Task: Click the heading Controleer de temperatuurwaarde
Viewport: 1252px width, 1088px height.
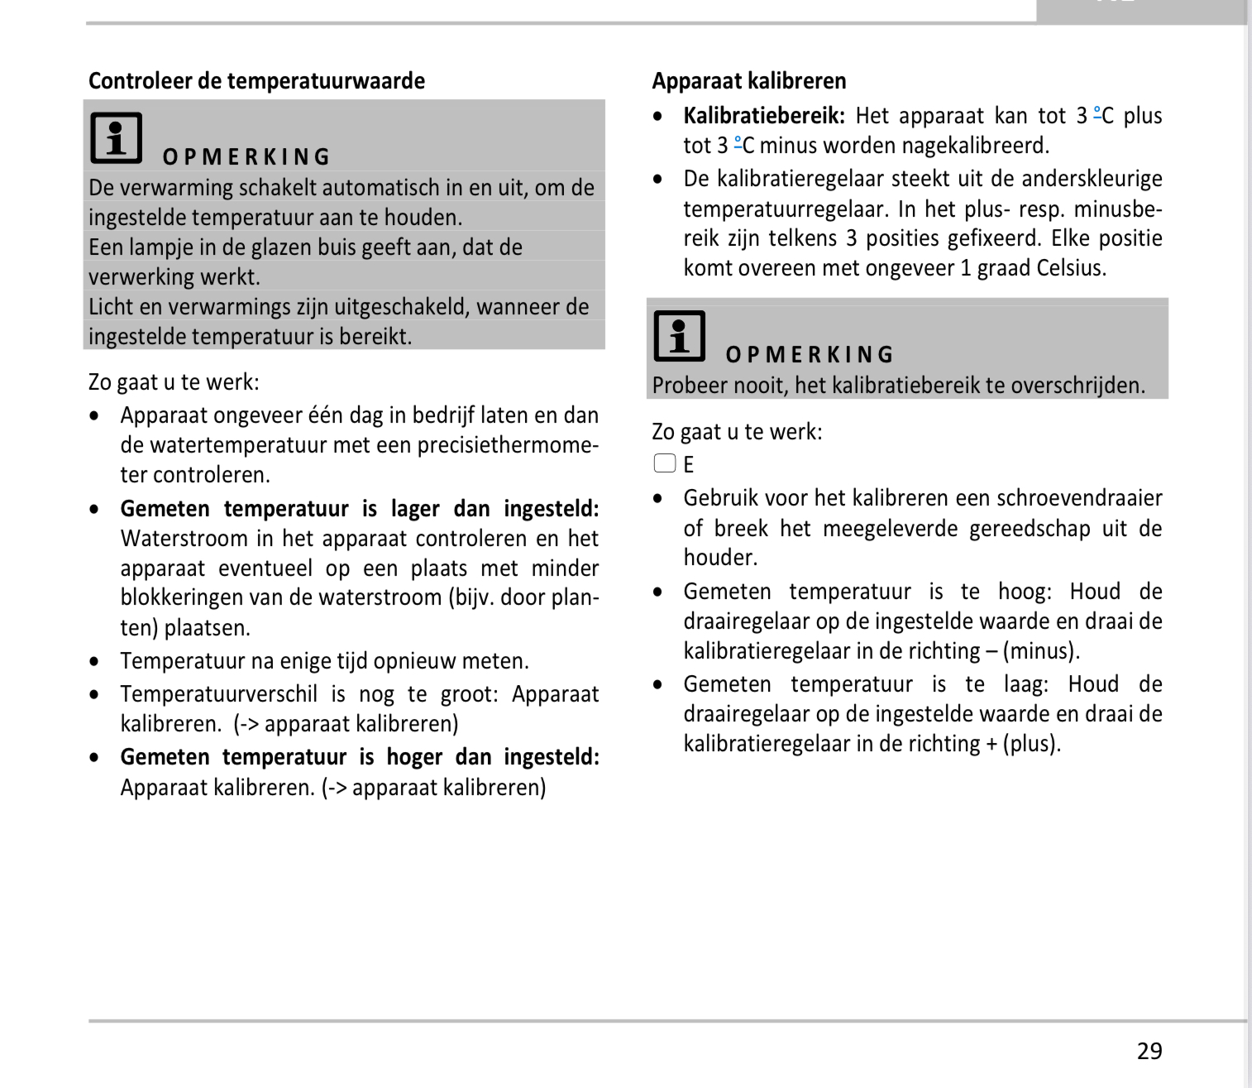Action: tap(256, 81)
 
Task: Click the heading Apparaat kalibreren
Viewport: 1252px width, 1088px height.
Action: tap(748, 81)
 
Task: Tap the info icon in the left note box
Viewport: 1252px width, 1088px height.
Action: tap(117, 138)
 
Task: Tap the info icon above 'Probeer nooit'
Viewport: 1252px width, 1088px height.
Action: tap(680, 336)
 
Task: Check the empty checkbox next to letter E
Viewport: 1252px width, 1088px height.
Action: tap(665, 463)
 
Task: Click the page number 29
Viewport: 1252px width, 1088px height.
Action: tap(1149, 1051)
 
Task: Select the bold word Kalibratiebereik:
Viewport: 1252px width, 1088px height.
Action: tap(764, 116)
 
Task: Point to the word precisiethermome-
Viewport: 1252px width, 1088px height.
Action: tap(508, 445)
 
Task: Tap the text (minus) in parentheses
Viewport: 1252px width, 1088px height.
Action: tap(1041, 651)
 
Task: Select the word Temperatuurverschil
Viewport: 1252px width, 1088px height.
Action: tap(218, 694)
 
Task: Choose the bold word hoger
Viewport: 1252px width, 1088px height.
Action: tap(414, 757)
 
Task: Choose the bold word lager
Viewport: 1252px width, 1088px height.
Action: tap(415, 509)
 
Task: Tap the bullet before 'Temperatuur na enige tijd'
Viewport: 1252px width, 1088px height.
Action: tap(95, 661)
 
